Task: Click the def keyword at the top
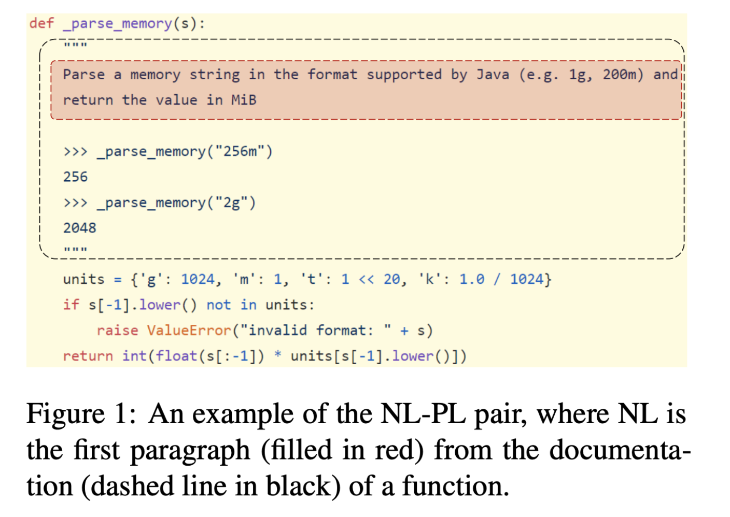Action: (41, 23)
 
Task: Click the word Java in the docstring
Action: (493, 75)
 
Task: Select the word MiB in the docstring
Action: (244, 100)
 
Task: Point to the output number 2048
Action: (80, 228)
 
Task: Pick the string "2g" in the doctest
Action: (232, 203)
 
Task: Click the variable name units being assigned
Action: (83, 279)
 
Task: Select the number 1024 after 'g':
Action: (198, 279)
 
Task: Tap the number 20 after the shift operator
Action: (391, 279)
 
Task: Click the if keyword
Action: (71, 305)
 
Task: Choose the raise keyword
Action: (117, 331)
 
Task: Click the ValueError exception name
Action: (189, 331)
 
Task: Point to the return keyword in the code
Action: (88, 356)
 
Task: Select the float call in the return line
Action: (176, 356)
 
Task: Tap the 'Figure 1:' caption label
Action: (81, 414)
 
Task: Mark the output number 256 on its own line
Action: (76, 177)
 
